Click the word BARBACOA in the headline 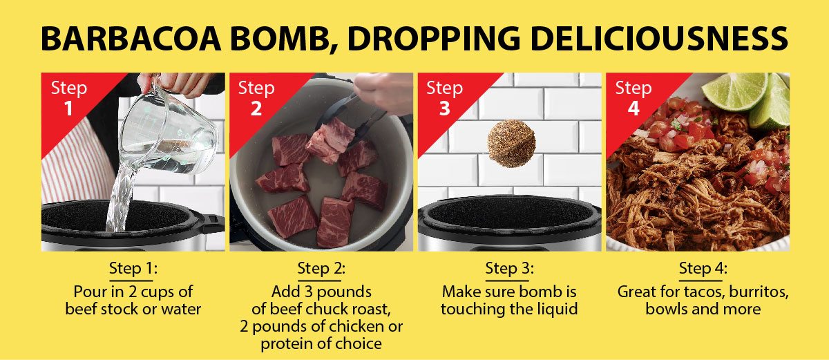click(131, 39)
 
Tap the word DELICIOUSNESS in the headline click(660, 39)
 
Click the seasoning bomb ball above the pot click(511, 143)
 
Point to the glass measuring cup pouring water click(169, 131)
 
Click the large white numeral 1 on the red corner click(68, 108)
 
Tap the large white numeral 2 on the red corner click(256, 108)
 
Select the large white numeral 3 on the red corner click(444, 108)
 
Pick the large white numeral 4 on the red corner click(633, 108)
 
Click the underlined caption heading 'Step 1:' click(133, 269)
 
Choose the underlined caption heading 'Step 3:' click(510, 269)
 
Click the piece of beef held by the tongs click(330, 140)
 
